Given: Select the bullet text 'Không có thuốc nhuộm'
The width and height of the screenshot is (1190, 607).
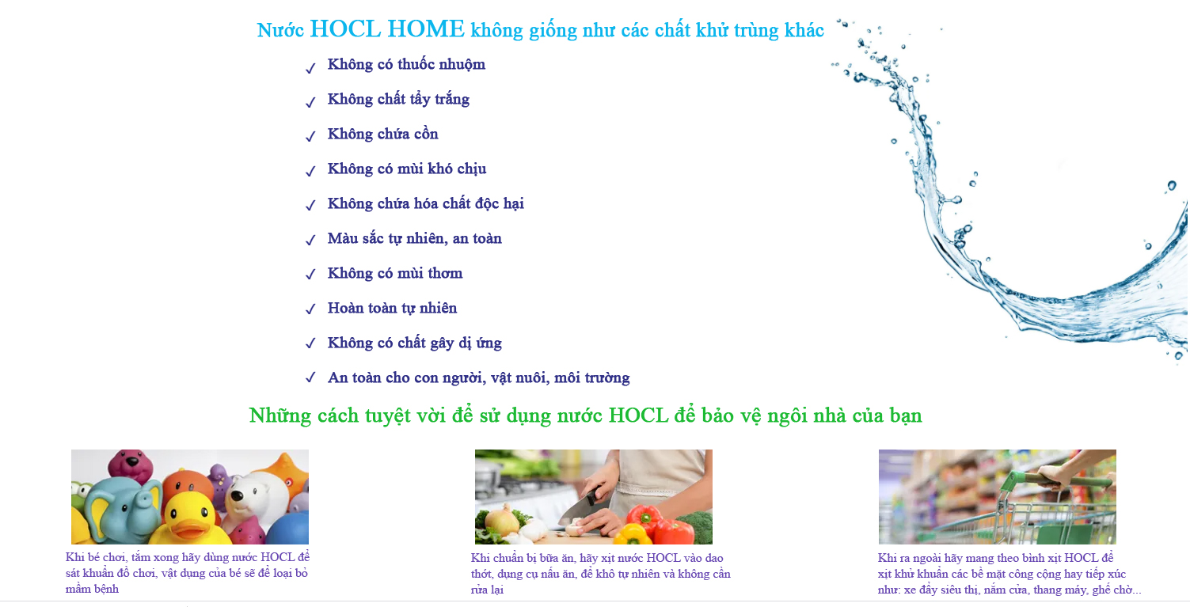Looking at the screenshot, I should click(x=406, y=65).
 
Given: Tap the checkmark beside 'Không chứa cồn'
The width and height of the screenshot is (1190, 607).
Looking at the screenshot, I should click(x=310, y=136).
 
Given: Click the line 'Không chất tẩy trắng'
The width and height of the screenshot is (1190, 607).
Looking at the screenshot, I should click(x=398, y=100).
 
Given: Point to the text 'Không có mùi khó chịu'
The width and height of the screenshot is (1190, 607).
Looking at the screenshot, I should click(x=407, y=169).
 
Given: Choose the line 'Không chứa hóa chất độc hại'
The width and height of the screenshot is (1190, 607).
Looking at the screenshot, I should click(x=425, y=204).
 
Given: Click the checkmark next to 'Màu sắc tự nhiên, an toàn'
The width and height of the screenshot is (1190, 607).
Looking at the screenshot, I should click(x=310, y=241).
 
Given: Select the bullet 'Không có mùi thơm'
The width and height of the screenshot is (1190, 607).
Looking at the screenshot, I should click(x=395, y=274).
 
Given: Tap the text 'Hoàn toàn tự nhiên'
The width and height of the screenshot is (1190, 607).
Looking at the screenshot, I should click(x=392, y=309).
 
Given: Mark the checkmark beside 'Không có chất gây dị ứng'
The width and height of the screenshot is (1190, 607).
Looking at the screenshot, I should click(x=310, y=345).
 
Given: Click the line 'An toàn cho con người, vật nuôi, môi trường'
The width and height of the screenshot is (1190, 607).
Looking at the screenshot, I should click(x=478, y=378).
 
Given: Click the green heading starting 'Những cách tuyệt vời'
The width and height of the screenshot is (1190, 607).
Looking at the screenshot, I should click(x=585, y=415).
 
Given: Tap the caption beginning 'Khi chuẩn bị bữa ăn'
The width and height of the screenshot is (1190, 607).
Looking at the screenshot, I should click(x=600, y=574).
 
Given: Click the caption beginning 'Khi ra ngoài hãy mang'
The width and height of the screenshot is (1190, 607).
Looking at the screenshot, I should click(x=1008, y=574).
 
